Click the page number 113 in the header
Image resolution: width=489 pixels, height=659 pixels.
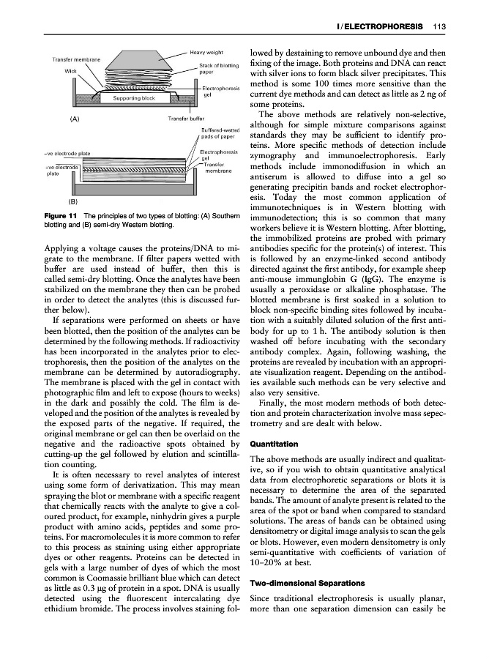(440, 27)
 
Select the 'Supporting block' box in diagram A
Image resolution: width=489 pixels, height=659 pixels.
(132, 97)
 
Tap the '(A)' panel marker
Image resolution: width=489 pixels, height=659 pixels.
(74, 118)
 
